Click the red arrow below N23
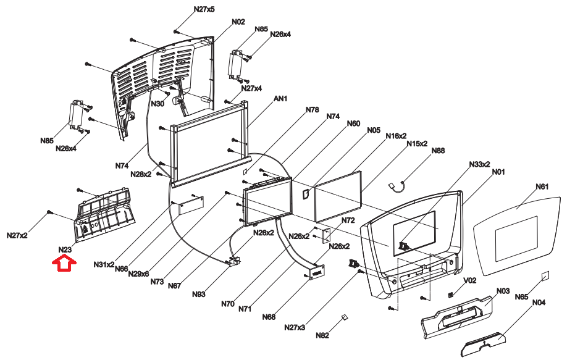coord(64,264)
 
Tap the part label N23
coord(65,250)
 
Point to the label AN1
coord(281,99)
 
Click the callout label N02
coord(238,22)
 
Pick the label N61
coord(542,186)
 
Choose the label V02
coord(471,280)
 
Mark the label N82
coord(322,335)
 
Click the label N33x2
coord(479,164)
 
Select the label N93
coord(198,295)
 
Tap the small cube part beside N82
coord(345,318)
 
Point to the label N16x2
coord(396,135)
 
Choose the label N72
coord(348,220)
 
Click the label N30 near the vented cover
coord(157,104)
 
